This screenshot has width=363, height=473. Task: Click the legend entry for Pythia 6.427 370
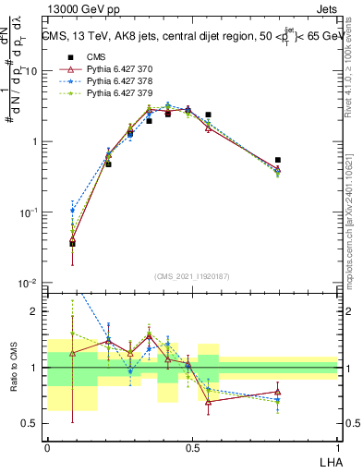coord(106,69)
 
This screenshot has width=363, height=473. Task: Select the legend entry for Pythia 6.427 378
coord(106,81)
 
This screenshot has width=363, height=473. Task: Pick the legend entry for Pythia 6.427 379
coord(106,93)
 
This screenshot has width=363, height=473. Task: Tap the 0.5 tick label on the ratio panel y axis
coord(32,424)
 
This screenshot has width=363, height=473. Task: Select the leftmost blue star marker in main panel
coord(73,211)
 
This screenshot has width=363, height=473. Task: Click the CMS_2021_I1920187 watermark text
coord(192,275)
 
